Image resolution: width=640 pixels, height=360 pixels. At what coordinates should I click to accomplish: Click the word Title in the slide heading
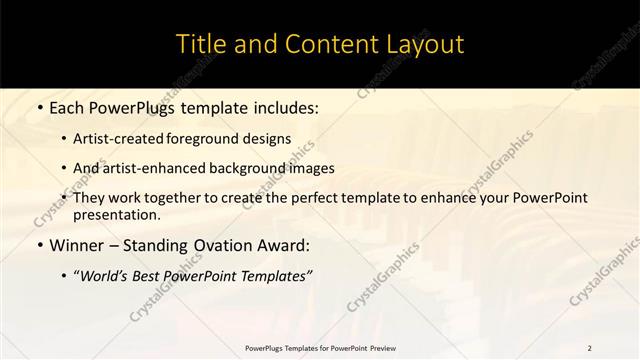click(x=201, y=45)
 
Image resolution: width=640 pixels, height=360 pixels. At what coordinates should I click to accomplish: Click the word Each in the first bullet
click(x=67, y=108)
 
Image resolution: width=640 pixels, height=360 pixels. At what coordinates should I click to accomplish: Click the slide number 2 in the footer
click(x=589, y=348)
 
